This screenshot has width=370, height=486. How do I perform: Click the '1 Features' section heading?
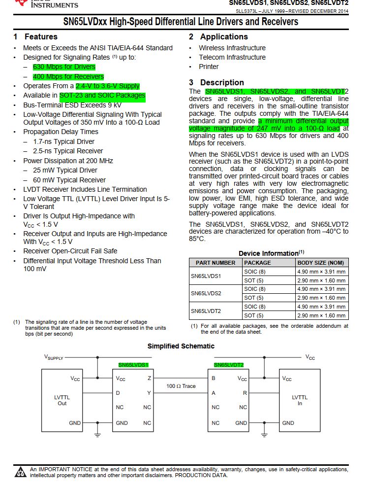[x=35, y=37]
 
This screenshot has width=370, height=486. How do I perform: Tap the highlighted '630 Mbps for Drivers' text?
[x=64, y=67]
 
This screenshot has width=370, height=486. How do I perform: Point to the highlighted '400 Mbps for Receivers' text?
[x=68, y=77]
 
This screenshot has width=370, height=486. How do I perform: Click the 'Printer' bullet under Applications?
[x=209, y=67]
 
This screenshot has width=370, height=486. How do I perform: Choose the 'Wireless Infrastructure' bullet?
[x=232, y=48]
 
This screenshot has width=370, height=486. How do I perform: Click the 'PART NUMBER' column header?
[x=216, y=263]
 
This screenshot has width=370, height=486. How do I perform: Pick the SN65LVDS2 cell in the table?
[x=206, y=293]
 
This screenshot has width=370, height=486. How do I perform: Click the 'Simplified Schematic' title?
[x=181, y=346]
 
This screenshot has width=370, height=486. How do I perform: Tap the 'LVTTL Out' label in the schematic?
[x=62, y=400]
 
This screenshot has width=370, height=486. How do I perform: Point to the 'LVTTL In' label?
[x=300, y=400]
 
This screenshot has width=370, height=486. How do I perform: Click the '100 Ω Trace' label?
[x=181, y=386]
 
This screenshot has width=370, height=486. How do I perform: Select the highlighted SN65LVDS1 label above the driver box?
[x=133, y=365]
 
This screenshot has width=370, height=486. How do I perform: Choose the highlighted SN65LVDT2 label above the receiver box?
[x=229, y=365]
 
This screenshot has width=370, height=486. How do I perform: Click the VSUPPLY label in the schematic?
[x=54, y=357]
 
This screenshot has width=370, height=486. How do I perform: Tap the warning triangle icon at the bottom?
[x=21, y=472]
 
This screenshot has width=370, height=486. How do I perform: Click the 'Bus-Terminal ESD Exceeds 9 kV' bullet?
[x=72, y=105]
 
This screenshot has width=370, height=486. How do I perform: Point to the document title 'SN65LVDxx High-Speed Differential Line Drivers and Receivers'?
[x=181, y=22]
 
